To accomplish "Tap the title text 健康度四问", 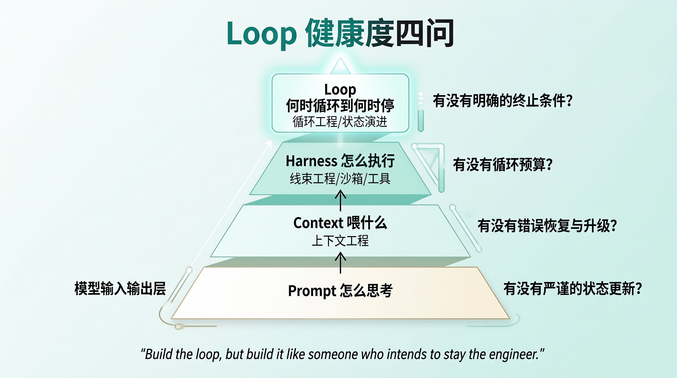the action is tap(380, 33).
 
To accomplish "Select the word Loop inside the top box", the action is tap(340, 90).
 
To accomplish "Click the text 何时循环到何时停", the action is tap(340, 105).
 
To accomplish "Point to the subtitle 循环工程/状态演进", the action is tap(340, 122).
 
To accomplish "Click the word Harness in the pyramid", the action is tap(311, 161).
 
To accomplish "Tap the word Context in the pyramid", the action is tap(318, 223).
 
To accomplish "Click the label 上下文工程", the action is tap(340, 240).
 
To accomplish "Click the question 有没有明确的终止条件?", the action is tap(503, 100).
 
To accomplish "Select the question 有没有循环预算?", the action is tap(503, 165).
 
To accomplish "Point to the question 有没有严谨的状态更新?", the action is tap(573, 288).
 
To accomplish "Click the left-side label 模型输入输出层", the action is tap(120, 288).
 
